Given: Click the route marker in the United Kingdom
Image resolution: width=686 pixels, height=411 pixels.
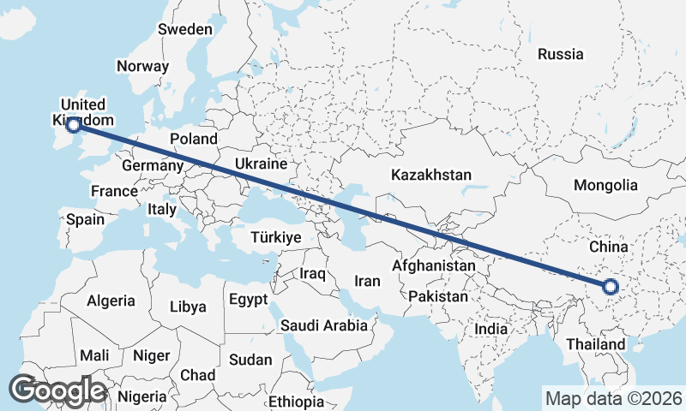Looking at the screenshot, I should tap(74, 125).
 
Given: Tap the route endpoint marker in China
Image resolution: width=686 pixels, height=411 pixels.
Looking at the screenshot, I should tap(611, 287).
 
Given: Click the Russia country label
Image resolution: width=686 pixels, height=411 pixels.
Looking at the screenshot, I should tap(560, 54).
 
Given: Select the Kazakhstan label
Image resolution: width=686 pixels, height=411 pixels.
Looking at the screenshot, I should tap(430, 175).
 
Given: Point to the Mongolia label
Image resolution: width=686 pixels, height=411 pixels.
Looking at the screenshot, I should tap(605, 185).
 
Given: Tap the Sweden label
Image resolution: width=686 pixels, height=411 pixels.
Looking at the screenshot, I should tap(185, 29).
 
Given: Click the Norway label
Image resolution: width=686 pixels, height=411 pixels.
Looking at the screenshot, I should tap(143, 66).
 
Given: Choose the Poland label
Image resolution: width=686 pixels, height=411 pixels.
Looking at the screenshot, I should tap(194, 139).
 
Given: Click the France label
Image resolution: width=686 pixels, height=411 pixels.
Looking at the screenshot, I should tap(114, 191).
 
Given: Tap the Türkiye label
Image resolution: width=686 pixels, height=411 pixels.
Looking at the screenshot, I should tap(275, 237).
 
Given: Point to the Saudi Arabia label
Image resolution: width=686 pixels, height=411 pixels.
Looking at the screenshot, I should tap(323, 325).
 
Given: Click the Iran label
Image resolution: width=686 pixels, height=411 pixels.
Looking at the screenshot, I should tap(367, 281).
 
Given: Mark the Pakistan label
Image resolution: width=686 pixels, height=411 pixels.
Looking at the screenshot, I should tap(438, 296).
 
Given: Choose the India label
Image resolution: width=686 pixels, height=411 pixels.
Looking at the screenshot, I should tap(491, 329).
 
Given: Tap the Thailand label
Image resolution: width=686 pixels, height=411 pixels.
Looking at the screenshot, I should tap(595, 344).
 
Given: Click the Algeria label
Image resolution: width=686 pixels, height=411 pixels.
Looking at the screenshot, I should tap(111, 301).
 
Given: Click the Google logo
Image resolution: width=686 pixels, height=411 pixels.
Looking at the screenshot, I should tap(57, 390).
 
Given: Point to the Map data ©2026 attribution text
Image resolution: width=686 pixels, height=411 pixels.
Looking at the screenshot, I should tap(613, 398).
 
